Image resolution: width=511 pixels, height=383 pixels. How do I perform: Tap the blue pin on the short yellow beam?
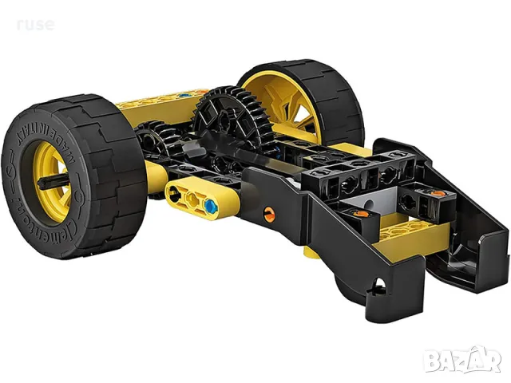coord(210,205)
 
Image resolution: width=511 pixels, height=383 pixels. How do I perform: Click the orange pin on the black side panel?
coord(269,213)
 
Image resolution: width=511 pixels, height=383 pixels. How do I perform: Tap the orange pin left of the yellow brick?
coord(361,213)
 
